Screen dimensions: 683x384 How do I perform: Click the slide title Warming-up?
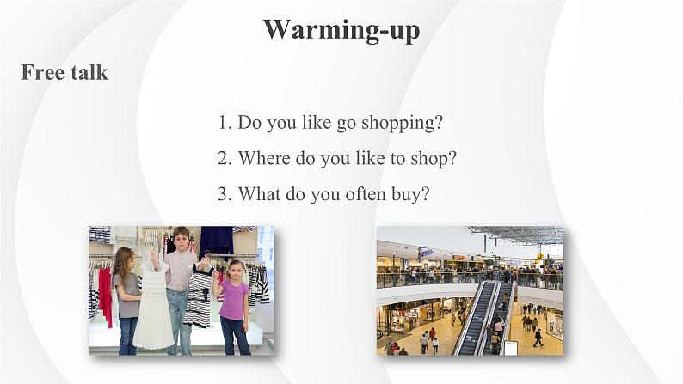[341, 30]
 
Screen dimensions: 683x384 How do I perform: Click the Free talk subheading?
[65, 72]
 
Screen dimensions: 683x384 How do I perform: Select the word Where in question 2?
[264, 158]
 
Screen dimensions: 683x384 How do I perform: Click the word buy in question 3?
[410, 194]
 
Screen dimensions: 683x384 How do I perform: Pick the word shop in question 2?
[433, 159]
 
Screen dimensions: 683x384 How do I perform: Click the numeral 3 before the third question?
[224, 194]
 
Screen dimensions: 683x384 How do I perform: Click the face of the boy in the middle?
[181, 239]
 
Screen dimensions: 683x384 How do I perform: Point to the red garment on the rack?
[106, 295]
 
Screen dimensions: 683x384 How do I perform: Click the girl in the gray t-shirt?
[126, 301]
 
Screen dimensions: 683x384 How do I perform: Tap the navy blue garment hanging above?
[217, 241]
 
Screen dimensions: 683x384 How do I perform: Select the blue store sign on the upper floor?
[425, 253]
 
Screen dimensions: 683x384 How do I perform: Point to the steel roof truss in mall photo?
[518, 234]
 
